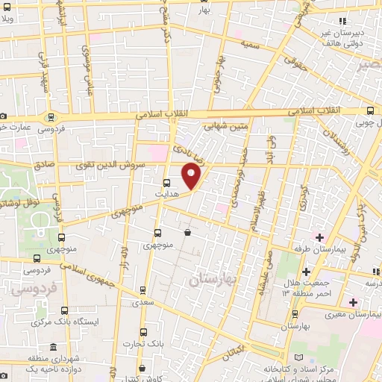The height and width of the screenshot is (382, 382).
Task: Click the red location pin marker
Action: pyautogui.click(x=192, y=177)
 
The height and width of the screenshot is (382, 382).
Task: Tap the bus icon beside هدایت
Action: pyautogui.click(x=166, y=181)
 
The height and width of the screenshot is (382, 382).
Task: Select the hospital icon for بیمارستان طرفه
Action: pyautogui.click(x=320, y=237)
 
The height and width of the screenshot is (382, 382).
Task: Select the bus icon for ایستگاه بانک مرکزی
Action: pyautogui.click(x=66, y=309)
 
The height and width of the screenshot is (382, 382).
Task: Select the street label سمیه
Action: pyautogui.click(x=248, y=45)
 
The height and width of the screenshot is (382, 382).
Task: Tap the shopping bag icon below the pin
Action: pyautogui.click(x=187, y=233)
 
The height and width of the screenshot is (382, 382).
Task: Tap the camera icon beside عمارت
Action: pyautogui.click(x=4, y=117)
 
